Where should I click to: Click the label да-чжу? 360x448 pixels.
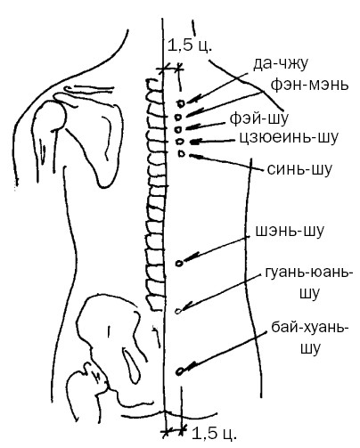(x=281, y=64)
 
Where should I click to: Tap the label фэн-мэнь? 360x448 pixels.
(x=309, y=85)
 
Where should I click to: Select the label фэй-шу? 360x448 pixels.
(x=258, y=118)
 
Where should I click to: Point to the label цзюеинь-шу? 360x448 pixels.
(x=289, y=137)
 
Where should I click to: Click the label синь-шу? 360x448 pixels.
(x=299, y=169)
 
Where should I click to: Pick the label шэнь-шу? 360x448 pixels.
(x=290, y=232)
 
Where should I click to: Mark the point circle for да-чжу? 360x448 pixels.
(x=181, y=103)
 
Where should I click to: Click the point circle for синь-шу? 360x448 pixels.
(x=182, y=154)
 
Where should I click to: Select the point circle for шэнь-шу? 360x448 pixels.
(x=179, y=263)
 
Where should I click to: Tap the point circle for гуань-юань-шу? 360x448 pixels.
(x=178, y=311)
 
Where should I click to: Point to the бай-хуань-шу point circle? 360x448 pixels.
(x=179, y=371)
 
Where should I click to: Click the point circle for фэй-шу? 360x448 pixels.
(x=178, y=129)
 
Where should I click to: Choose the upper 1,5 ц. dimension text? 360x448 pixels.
(x=190, y=45)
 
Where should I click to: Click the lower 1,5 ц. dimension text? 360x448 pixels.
(x=215, y=434)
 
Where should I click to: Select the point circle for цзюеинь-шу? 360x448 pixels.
(x=179, y=142)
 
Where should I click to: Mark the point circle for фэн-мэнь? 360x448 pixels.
(x=178, y=117)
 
